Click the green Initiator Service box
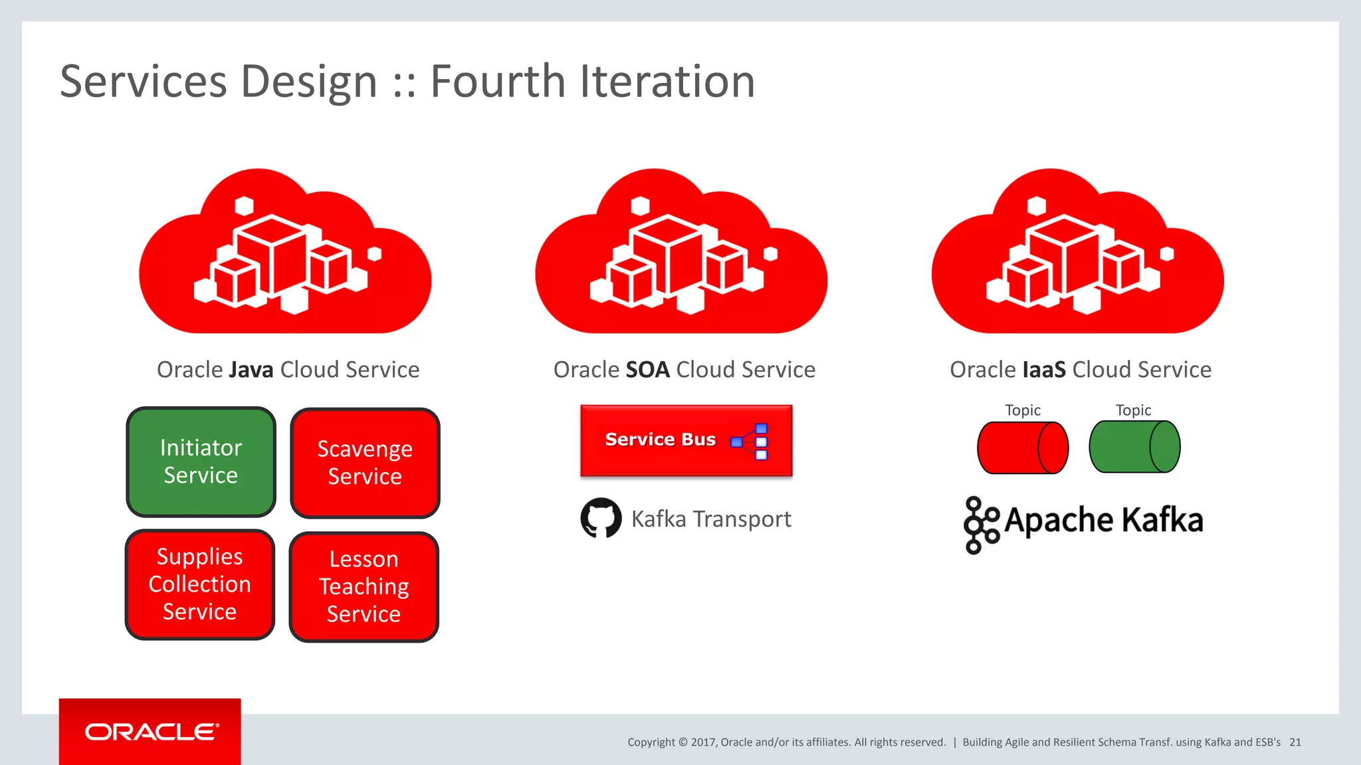coord(201,462)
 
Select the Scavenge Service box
coord(365,463)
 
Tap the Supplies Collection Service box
coord(199,584)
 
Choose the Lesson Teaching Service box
coord(364,586)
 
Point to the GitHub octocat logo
coord(601,518)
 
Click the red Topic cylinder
coord(1022,448)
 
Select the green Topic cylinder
coord(1134,447)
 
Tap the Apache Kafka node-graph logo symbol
coord(980,525)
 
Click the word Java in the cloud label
coord(251,370)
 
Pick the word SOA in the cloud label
coord(647,370)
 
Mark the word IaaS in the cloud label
coord(1043,370)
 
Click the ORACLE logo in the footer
coord(151,732)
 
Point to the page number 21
coord(1295,742)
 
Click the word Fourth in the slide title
coord(498,82)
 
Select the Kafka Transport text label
coord(710,519)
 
